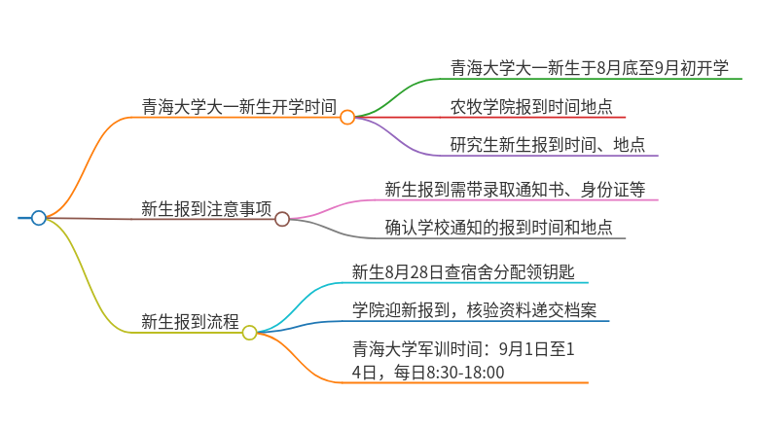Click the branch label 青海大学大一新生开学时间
238,106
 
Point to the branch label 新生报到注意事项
206,209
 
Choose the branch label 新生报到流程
190,322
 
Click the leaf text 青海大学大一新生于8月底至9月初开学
589,68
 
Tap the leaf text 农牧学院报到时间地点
531,106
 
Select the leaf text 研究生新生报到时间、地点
548,145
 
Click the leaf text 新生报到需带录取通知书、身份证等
515,189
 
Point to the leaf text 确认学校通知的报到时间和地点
498,228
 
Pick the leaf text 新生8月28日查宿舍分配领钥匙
463,272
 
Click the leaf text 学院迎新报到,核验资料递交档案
475,310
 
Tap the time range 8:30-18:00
466,373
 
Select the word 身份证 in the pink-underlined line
605,189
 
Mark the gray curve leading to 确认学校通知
334,230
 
